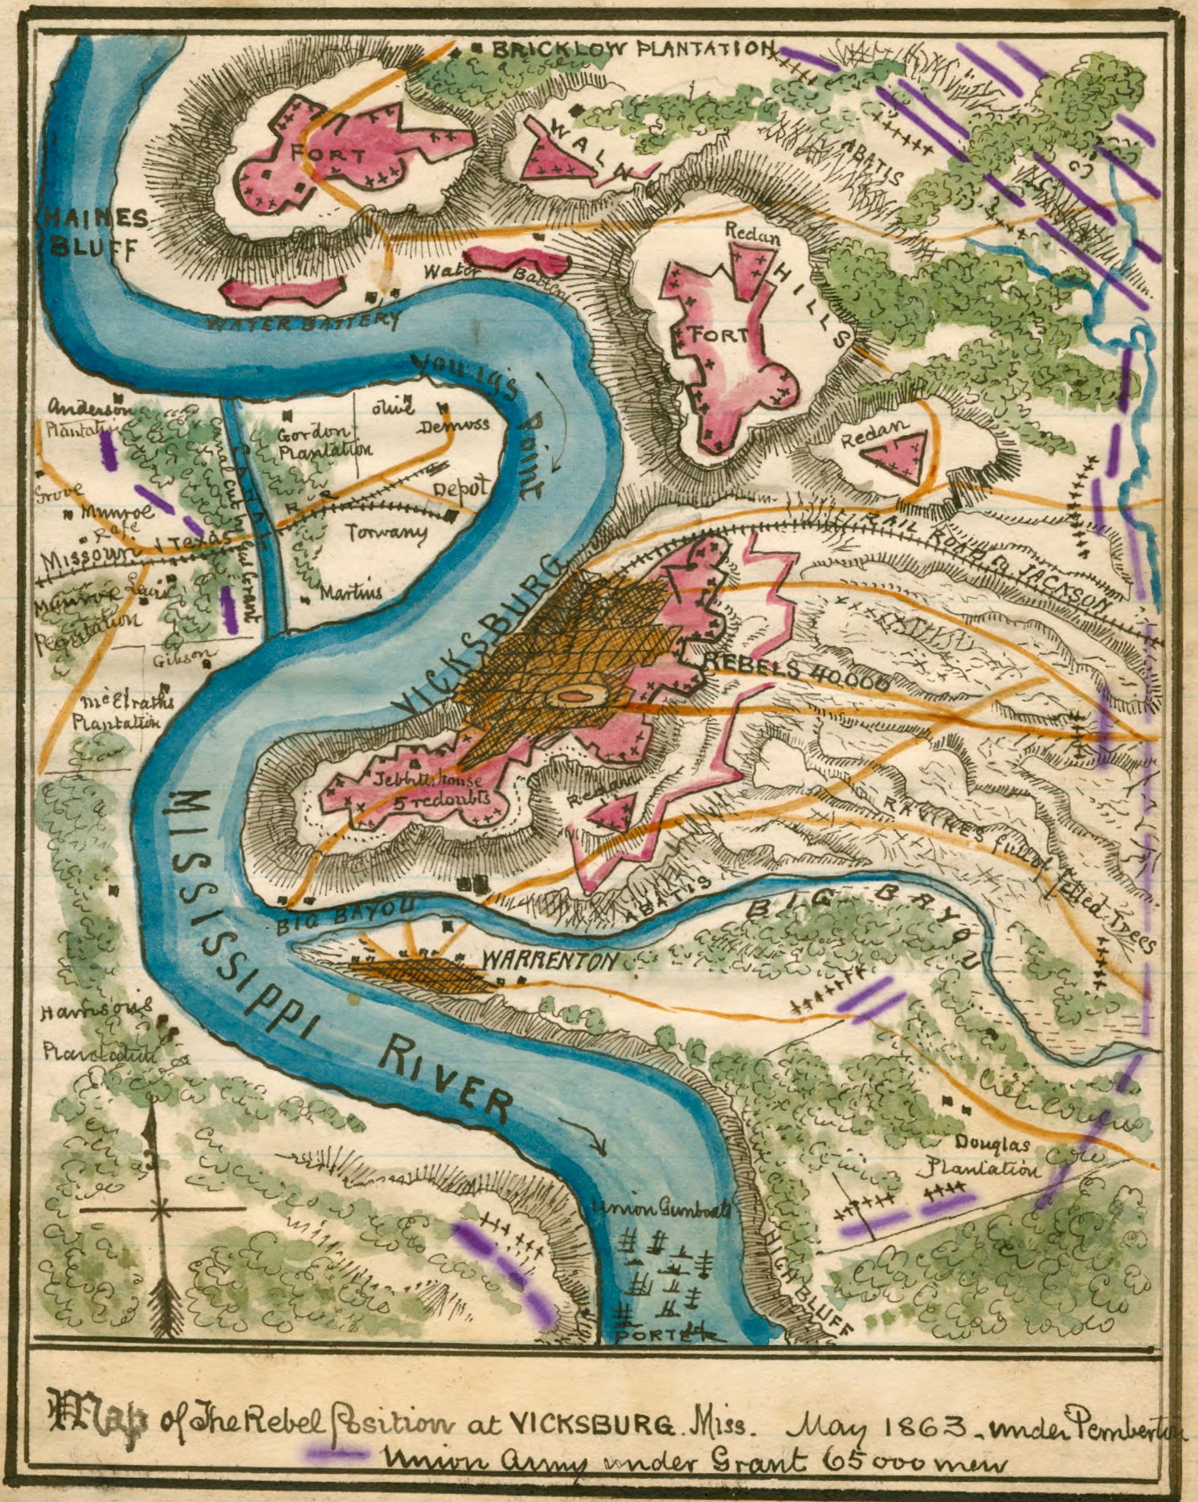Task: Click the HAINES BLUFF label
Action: pos(94,232)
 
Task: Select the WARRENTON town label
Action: pos(550,960)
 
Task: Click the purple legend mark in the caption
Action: pos(337,1453)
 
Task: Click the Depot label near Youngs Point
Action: pos(460,489)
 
